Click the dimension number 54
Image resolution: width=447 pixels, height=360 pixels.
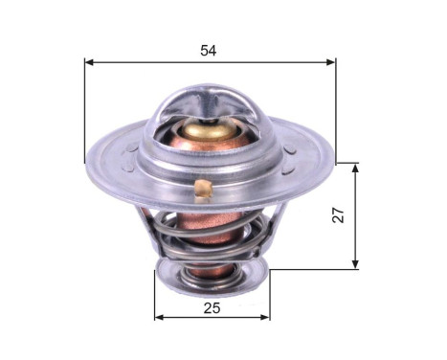point(209,50)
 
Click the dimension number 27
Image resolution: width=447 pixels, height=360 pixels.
point(338,217)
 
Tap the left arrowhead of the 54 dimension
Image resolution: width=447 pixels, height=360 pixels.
point(89,62)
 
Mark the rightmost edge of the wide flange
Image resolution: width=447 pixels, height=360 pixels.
point(334,159)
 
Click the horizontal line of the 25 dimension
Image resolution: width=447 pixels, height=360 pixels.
point(191,317)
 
